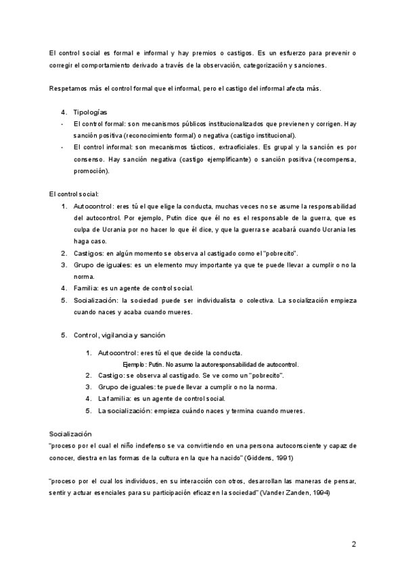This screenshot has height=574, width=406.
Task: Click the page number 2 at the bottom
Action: (353, 544)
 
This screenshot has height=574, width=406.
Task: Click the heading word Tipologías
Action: (89, 112)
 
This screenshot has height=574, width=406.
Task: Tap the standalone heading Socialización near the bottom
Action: (70, 433)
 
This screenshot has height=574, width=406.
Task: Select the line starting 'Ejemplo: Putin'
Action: (210, 364)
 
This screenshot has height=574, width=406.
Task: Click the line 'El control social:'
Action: (74, 194)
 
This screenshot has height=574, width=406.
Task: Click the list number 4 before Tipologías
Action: (64, 112)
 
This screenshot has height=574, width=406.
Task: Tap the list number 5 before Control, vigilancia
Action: (64, 335)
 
